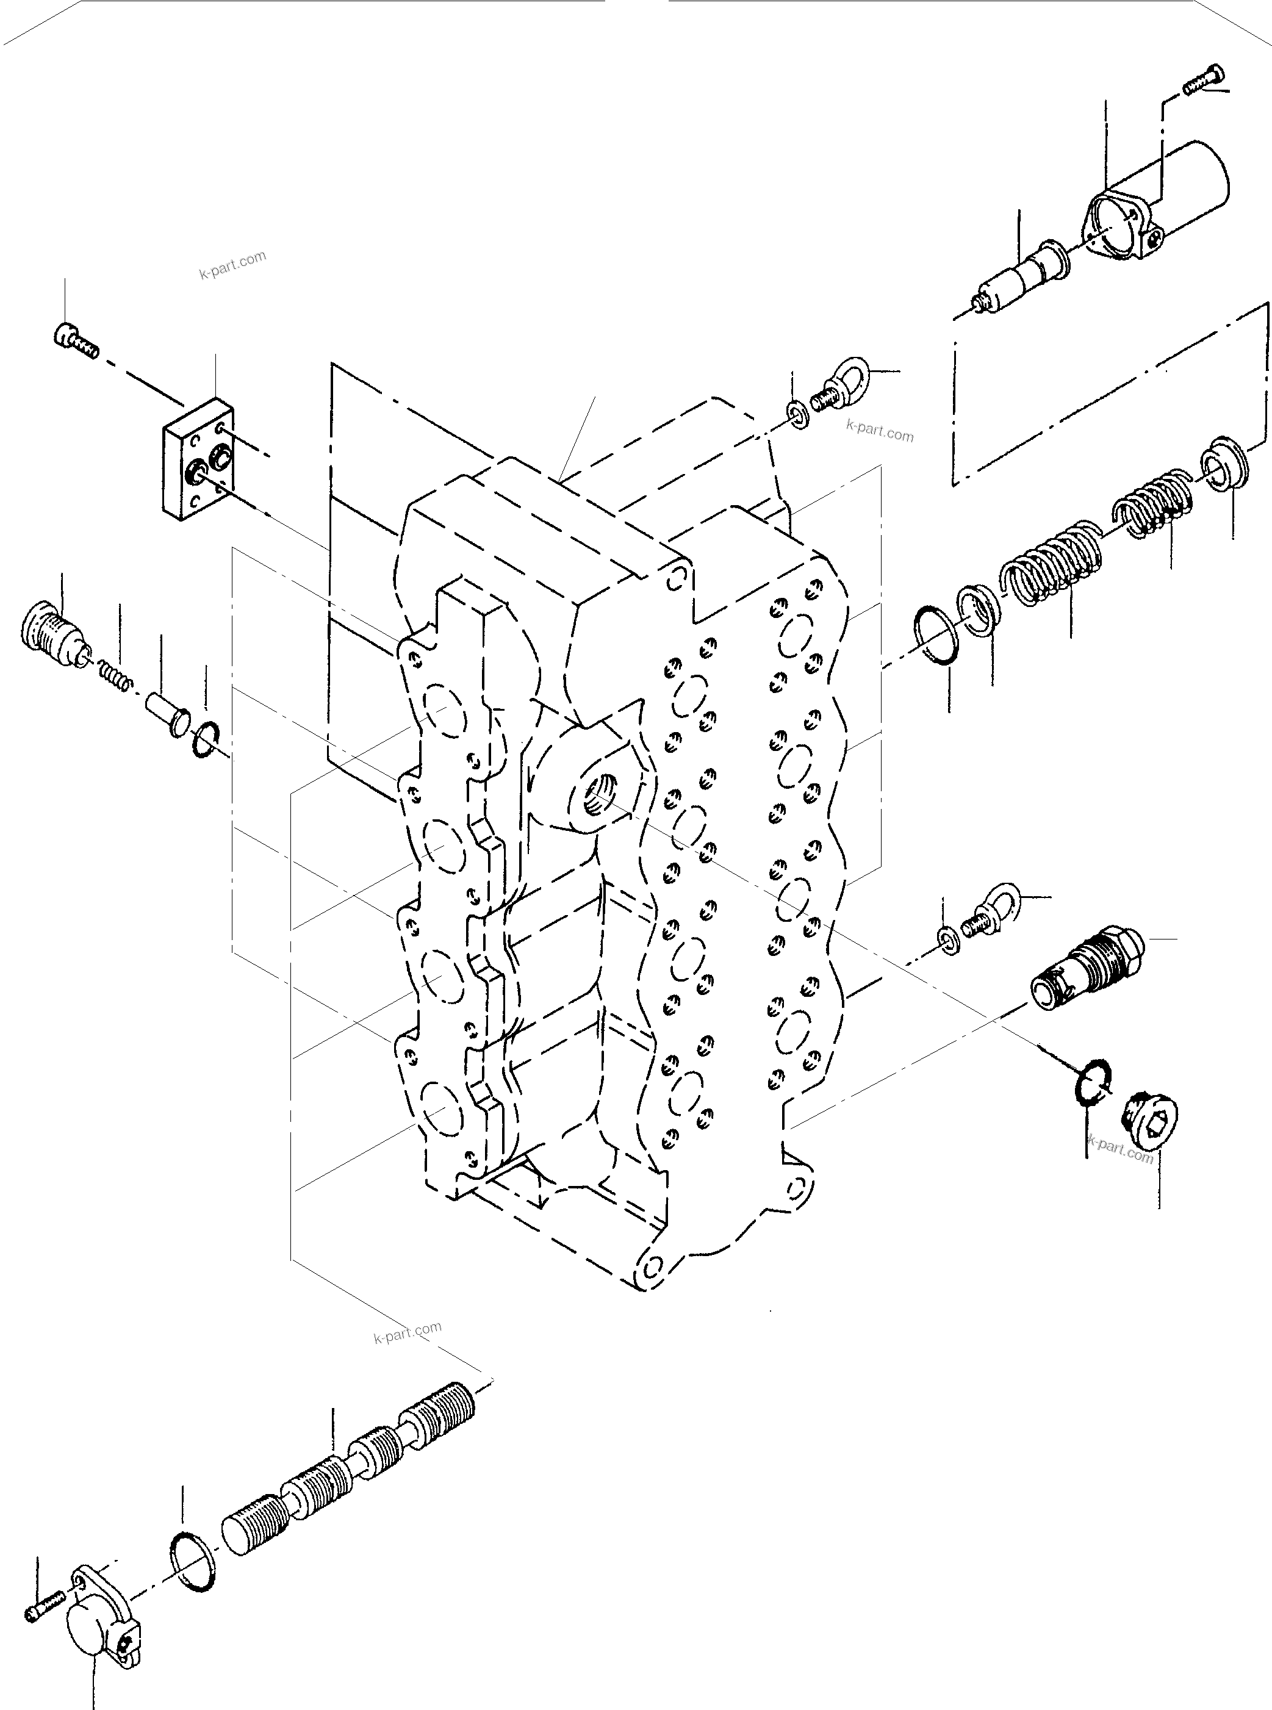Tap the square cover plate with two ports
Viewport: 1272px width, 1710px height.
tap(197, 459)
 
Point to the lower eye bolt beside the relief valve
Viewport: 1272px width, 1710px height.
tap(992, 906)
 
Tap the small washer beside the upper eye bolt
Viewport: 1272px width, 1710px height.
tap(799, 414)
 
